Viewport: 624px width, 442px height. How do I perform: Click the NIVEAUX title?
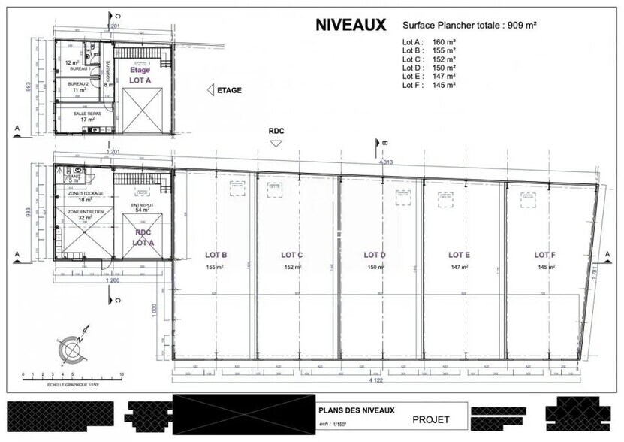351,25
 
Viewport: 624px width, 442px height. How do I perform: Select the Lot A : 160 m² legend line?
429,41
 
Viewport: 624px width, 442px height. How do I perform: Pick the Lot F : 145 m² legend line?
429,85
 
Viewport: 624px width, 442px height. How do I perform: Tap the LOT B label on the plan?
216,254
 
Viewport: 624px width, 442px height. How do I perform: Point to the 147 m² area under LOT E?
459,267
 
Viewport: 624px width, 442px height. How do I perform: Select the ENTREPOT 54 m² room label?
142,207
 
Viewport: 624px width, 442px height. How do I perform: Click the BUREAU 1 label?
80,69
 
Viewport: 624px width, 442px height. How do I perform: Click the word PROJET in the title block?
430,419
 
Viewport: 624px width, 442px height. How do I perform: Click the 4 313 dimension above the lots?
386,162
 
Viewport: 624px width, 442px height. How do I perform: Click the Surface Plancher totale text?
469,25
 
